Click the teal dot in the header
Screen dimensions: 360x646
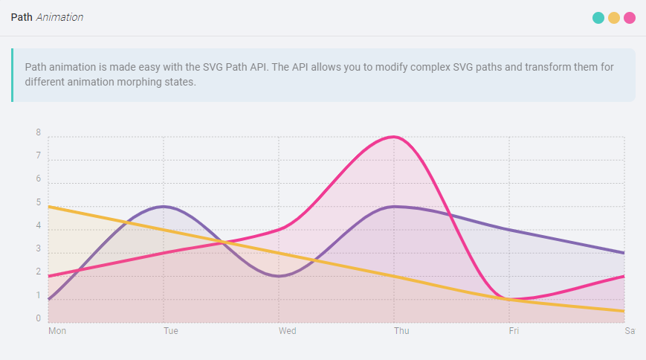pyautogui.click(x=598, y=18)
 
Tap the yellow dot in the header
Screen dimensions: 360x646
pyautogui.click(x=614, y=18)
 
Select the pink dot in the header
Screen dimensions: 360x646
pyautogui.click(x=630, y=18)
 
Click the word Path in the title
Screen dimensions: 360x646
pyautogui.click(x=22, y=17)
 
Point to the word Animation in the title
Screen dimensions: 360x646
pyautogui.click(x=59, y=17)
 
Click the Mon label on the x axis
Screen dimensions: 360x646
pyautogui.click(x=57, y=331)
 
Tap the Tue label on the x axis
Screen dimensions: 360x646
pyautogui.click(x=171, y=331)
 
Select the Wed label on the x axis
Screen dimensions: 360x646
pyautogui.click(x=287, y=331)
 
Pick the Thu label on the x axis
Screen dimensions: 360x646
pyautogui.click(x=401, y=331)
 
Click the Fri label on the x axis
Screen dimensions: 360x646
pyautogui.click(x=514, y=331)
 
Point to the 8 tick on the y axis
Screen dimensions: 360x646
pyautogui.click(x=38, y=133)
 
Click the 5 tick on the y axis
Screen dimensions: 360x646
pyautogui.click(x=38, y=202)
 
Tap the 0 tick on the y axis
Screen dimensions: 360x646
pyautogui.click(x=38, y=319)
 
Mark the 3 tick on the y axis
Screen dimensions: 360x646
pyautogui.click(x=38, y=249)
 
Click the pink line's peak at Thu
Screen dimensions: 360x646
pyautogui.click(x=394, y=137)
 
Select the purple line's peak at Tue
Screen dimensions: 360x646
pyautogui.click(x=164, y=206)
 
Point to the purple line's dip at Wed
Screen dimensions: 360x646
pyautogui.click(x=279, y=276)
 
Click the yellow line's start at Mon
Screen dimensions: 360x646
pyautogui.click(x=49, y=207)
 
